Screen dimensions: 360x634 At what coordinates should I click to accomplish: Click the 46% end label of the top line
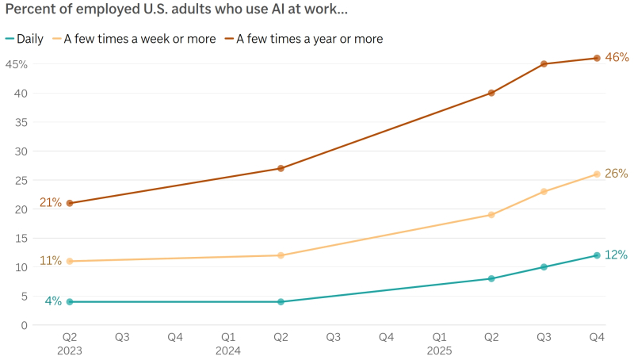pos(617,57)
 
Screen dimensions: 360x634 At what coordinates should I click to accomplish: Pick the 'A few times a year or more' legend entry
pos(310,39)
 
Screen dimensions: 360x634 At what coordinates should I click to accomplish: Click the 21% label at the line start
pos(51,202)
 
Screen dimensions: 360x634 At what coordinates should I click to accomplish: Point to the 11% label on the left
pos(51,260)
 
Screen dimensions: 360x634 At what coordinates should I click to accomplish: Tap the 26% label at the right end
pos(617,173)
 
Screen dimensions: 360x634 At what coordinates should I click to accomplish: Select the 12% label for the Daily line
pos(617,255)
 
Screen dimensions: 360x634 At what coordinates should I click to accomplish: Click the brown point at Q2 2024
pos(281,168)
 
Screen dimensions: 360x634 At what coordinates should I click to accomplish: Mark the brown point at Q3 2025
pos(544,64)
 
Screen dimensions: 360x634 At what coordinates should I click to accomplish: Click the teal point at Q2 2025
pos(491,278)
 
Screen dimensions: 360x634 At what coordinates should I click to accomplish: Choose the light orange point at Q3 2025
pos(544,191)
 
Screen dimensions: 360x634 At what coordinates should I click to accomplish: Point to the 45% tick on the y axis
pos(17,64)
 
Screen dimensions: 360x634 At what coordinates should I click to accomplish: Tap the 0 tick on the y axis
pos(25,325)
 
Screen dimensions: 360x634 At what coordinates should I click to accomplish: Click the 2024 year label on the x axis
pos(228,350)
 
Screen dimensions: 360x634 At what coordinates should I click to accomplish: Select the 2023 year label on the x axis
pos(70,350)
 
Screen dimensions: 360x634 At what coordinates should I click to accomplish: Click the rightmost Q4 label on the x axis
pos(597,337)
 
